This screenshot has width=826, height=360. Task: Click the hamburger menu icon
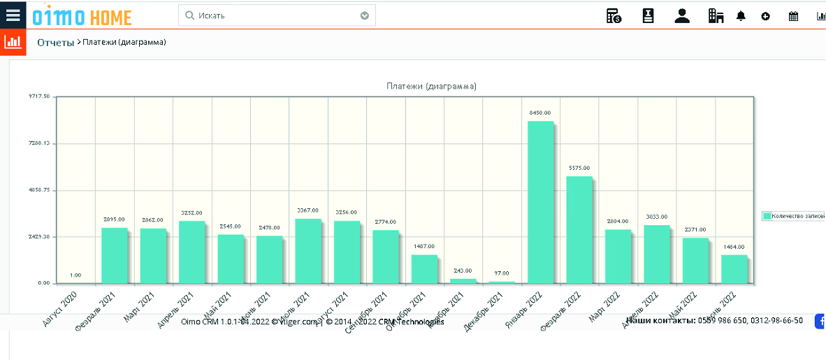[13, 15]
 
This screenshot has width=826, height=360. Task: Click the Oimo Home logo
[82, 15]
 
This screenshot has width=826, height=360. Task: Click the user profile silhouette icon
[682, 16]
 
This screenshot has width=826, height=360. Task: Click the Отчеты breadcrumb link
[55, 43]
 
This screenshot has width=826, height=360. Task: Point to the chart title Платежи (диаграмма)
[431, 86]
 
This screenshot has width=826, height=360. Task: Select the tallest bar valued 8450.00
[541, 202]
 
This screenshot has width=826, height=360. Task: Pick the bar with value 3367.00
[308, 251]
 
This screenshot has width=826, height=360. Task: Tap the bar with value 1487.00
[424, 269]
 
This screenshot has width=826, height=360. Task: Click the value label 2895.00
[114, 219]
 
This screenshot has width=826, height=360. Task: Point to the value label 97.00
[502, 273]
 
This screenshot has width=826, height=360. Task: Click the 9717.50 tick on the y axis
[39, 96]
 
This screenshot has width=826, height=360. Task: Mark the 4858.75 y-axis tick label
[39, 190]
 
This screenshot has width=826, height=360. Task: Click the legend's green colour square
[767, 217]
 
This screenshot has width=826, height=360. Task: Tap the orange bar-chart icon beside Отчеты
[13, 42]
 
